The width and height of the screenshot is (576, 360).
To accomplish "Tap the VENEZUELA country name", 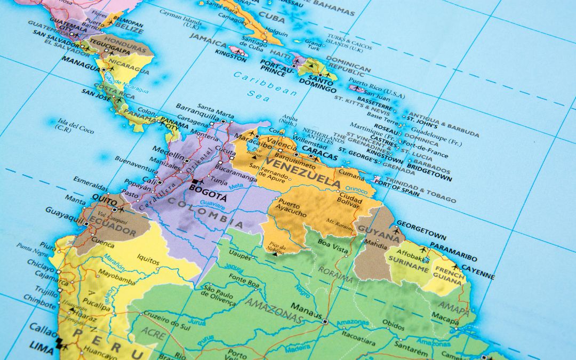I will pyautogui.click(x=302, y=172).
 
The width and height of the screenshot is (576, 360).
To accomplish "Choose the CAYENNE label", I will pyautogui.click(x=478, y=271).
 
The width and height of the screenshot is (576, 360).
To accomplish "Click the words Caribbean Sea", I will pyautogui.click(x=265, y=85).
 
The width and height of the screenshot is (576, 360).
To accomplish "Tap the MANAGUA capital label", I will pyautogui.click(x=81, y=61).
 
